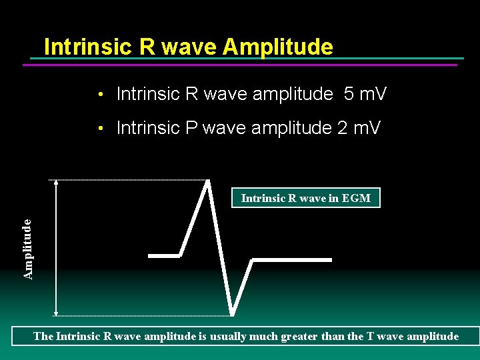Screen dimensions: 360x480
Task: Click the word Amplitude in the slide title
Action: coord(278,47)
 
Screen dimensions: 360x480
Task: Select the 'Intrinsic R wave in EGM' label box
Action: coord(306,198)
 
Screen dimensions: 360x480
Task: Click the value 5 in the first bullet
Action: coord(349,94)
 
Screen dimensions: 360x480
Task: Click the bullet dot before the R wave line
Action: coord(99,95)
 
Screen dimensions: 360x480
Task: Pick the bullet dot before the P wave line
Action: coord(99,129)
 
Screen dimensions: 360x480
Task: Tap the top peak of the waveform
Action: coord(209,181)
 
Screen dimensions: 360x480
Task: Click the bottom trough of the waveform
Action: coord(232,314)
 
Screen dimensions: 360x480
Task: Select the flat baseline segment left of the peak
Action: coord(164,255)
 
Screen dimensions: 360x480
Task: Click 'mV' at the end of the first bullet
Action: coord(373,94)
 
